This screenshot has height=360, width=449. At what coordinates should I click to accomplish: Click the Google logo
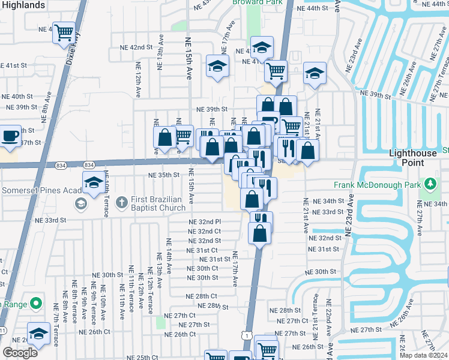point(20,353)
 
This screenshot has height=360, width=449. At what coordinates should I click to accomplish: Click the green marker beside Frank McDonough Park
point(429,183)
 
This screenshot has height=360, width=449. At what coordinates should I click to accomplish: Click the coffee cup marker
point(10,135)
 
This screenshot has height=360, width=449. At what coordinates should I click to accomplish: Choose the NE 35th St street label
point(164,175)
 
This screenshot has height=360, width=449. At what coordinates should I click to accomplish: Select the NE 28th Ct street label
point(200,296)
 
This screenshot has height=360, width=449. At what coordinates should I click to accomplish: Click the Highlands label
point(23,5)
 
